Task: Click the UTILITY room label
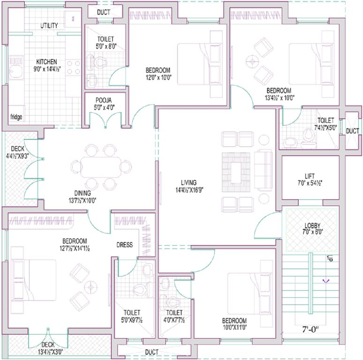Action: pos(49,25)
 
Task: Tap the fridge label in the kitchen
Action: pos(16,117)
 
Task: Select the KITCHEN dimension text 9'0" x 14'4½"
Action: pos(47,69)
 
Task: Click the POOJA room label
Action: pos(104,100)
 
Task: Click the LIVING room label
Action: pos(189,182)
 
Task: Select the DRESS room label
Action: pos(125,245)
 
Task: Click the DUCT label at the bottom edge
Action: pos(151,352)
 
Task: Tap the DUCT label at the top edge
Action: pos(104,12)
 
